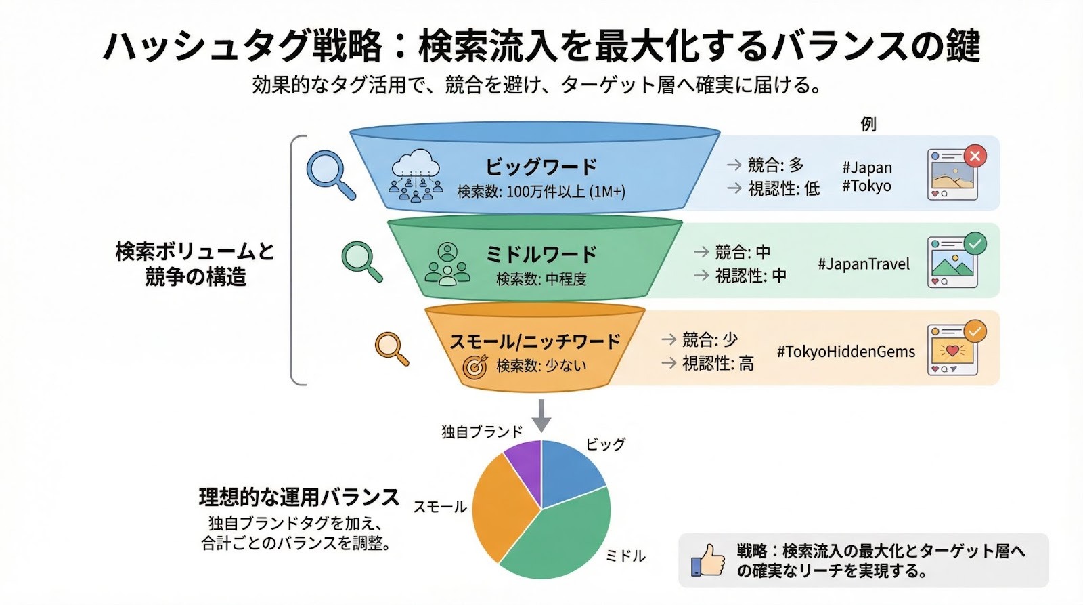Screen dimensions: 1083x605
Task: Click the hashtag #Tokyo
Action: [x=866, y=186]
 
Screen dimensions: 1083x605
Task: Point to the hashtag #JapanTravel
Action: [x=864, y=264]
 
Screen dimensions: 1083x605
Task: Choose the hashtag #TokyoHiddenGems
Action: [x=845, y=352]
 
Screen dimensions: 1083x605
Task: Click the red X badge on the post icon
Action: [x=975, y=156]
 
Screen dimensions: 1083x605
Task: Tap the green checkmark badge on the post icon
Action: [x=975, y=243]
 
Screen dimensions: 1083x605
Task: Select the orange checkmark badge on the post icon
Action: [x=975, y=331]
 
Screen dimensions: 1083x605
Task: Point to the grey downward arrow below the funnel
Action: [x=541, y=415]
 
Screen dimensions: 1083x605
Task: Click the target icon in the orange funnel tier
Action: [x=475, y=367]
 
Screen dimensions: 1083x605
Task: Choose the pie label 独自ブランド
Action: [x=482, y=432]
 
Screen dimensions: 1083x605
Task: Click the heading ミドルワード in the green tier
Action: [x=541, y=254]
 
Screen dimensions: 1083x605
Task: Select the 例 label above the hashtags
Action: [x=868, y=124]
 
